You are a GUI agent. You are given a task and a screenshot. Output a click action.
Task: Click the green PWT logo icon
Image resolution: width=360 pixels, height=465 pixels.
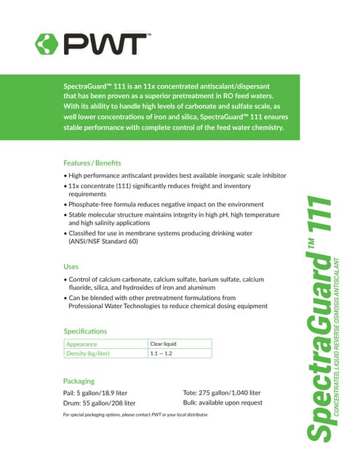[x=48, y=44]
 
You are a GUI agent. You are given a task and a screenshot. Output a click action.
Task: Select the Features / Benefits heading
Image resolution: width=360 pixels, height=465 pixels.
[x=92, y=162]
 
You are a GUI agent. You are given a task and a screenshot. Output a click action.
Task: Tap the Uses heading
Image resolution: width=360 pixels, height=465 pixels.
[x=71, y=267]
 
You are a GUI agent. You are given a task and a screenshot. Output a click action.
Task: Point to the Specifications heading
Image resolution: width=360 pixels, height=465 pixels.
[x=85, y=331]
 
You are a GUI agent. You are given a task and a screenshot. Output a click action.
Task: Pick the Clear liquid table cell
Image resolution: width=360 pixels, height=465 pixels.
[x=164, y=344]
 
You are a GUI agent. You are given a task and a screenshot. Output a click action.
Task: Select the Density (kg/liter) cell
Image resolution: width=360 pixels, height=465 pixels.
[x=88, y=353]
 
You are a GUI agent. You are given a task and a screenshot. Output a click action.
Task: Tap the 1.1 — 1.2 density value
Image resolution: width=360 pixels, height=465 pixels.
[x=161, y=353]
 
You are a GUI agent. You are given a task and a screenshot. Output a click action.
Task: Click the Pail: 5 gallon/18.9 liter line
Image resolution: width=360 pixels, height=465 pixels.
[x=100, y=393]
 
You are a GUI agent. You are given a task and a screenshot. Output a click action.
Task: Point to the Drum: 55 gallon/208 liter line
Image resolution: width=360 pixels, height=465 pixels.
[x=100, y=403]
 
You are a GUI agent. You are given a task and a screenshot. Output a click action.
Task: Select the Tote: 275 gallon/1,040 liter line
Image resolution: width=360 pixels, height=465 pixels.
[x=222, y=393]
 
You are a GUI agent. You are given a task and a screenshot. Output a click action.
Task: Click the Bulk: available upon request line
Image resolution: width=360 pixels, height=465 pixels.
[x=223, y=403]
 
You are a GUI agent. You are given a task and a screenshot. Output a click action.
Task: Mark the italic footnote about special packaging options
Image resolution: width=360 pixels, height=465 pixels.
[x=136, y=415]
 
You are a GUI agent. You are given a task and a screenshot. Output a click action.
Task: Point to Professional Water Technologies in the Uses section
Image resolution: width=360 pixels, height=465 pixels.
[x=121, y=306]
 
